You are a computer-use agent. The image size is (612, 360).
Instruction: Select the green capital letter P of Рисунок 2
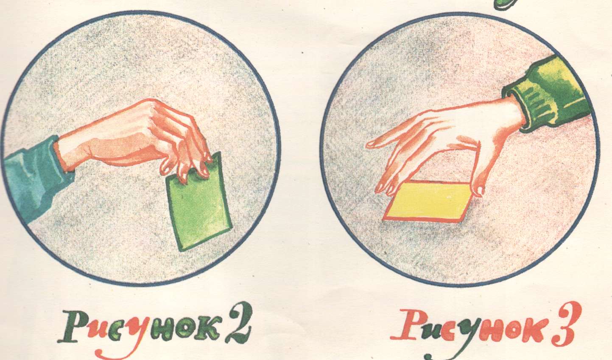pos(73,327)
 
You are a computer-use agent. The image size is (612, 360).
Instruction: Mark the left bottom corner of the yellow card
pos(383,219)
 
